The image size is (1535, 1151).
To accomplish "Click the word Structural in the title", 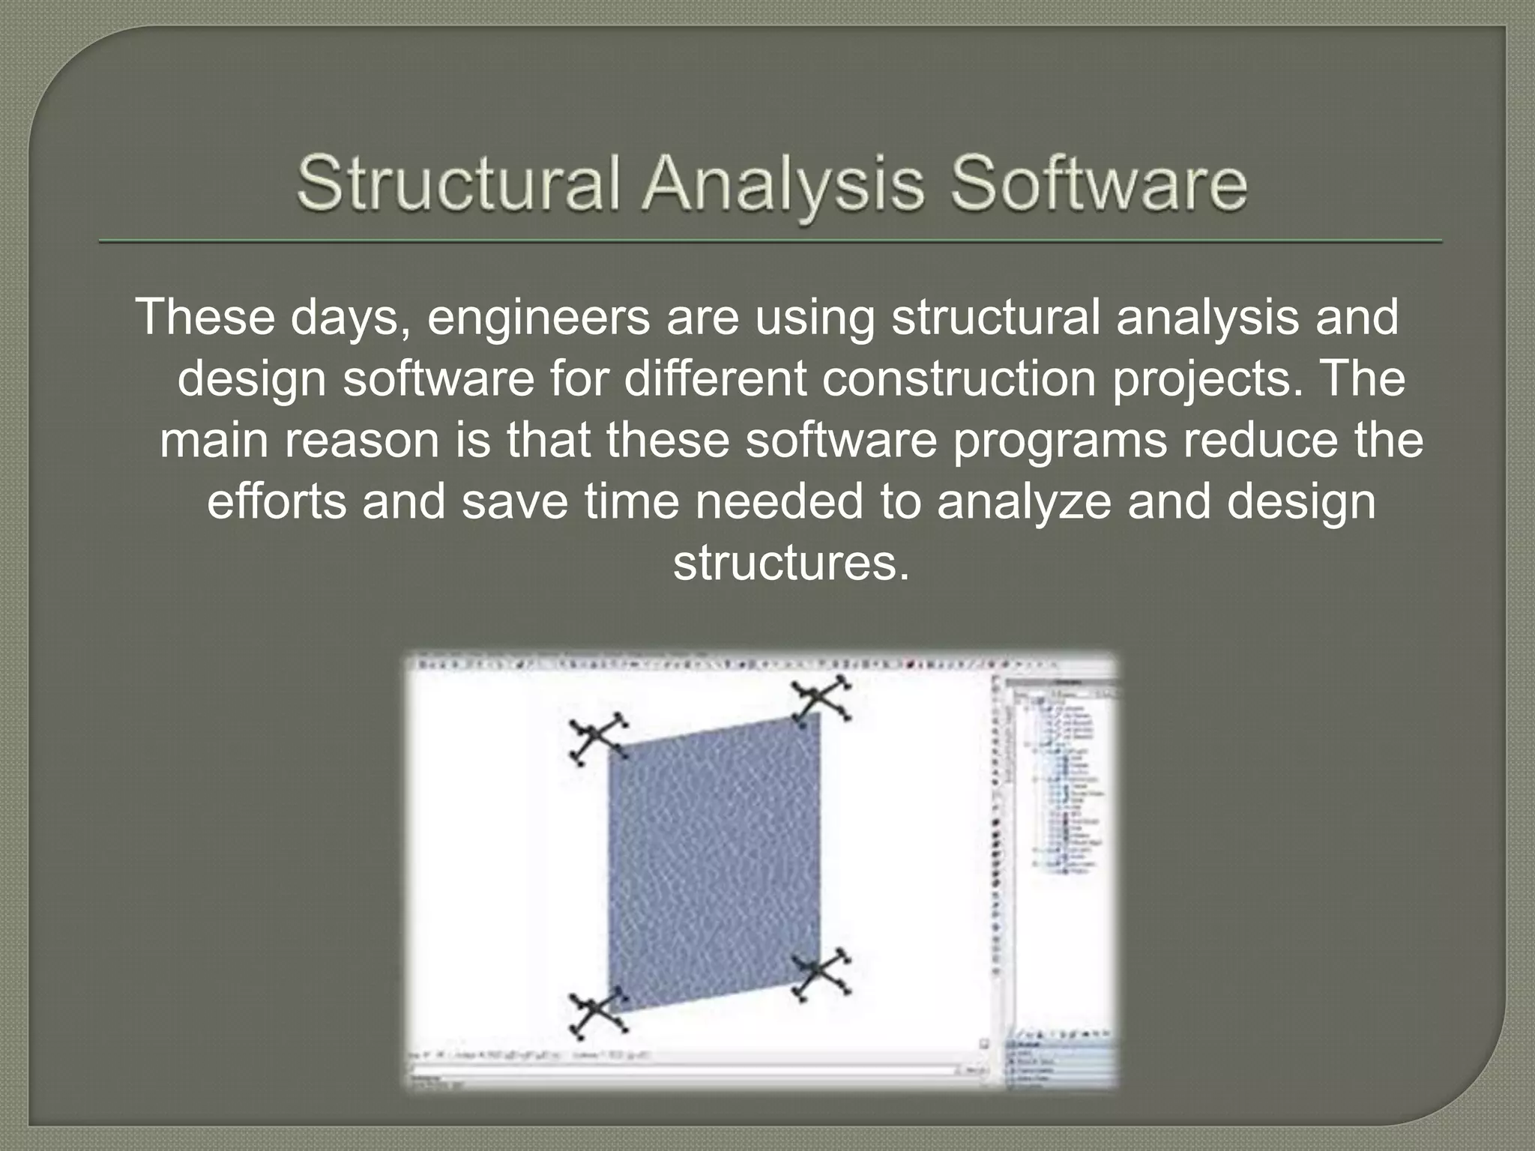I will pos(459,185).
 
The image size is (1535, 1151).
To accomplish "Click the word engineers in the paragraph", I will pos(538,317).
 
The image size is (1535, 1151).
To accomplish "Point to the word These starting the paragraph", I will pos(207,317).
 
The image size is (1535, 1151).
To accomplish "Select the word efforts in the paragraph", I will pos(277,502).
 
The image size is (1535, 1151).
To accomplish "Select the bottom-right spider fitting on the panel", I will pos(820,972).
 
